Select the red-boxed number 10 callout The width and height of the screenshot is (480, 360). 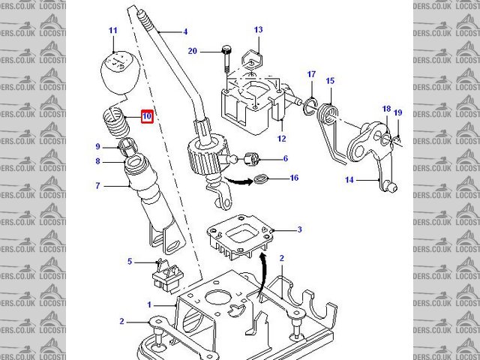(x=146, y=117)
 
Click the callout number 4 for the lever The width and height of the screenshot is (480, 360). (x=185, y=32)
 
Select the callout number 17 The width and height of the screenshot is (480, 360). (x=312, y=74)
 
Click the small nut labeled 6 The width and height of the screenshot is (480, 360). (x=253, y=159)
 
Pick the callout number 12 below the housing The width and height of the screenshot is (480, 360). (x=282, y=139)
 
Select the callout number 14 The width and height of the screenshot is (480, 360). (x=349, y=180)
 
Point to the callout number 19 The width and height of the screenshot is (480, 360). (x=398, y=112)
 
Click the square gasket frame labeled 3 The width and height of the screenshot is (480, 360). (x=240, y=238)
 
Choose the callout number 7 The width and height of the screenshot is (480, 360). (x=97, y=185)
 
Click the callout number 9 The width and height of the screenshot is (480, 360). (x=97, y=146)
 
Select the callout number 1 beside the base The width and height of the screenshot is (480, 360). (x=149, y=305)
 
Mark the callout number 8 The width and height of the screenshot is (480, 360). (x=97, y=160)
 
